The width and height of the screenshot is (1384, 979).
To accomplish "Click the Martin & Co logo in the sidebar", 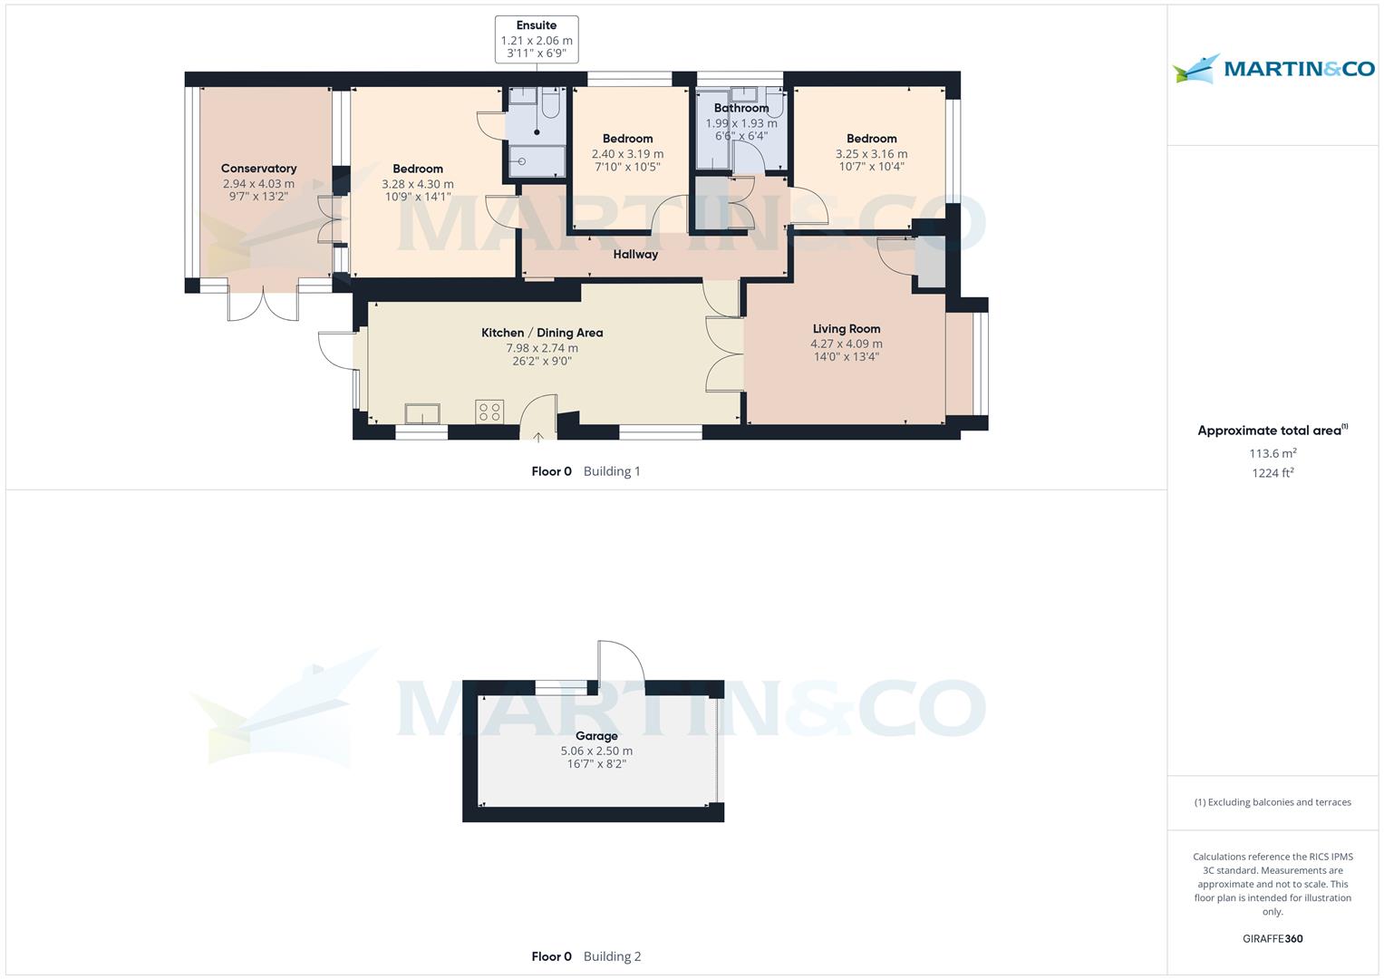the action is point(1273,68).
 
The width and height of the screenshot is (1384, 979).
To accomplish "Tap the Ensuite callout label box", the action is point(537,40).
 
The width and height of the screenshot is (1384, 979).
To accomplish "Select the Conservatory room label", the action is point(259,168).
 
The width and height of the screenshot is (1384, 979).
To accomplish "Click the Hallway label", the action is point(635,254).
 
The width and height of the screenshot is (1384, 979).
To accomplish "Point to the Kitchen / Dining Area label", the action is point(542,333).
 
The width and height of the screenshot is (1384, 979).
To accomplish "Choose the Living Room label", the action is point(847,329).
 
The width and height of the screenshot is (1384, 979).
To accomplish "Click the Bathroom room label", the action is point(741,108).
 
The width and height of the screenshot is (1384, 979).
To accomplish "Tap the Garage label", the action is point(596,736).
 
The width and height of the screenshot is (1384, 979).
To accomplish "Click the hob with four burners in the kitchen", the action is point(489,412).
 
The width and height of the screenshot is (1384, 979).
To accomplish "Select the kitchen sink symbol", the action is point(422,413).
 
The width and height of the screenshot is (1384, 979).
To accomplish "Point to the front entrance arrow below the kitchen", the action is point(538,437).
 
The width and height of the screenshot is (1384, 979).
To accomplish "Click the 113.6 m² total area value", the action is point(1273,453).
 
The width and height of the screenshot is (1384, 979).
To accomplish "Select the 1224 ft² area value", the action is point(1273,473).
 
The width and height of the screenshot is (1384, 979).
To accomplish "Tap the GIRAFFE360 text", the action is point(1273,938).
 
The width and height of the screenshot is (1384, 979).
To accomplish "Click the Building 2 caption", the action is point(613,956).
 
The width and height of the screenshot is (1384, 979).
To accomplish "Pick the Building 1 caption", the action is point(612,471).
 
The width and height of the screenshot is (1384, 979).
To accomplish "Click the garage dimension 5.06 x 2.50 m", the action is point(596,751).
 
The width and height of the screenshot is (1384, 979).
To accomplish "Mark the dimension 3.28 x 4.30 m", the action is point(418,184).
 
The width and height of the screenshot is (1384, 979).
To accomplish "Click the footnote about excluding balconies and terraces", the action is point(1273,802).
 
